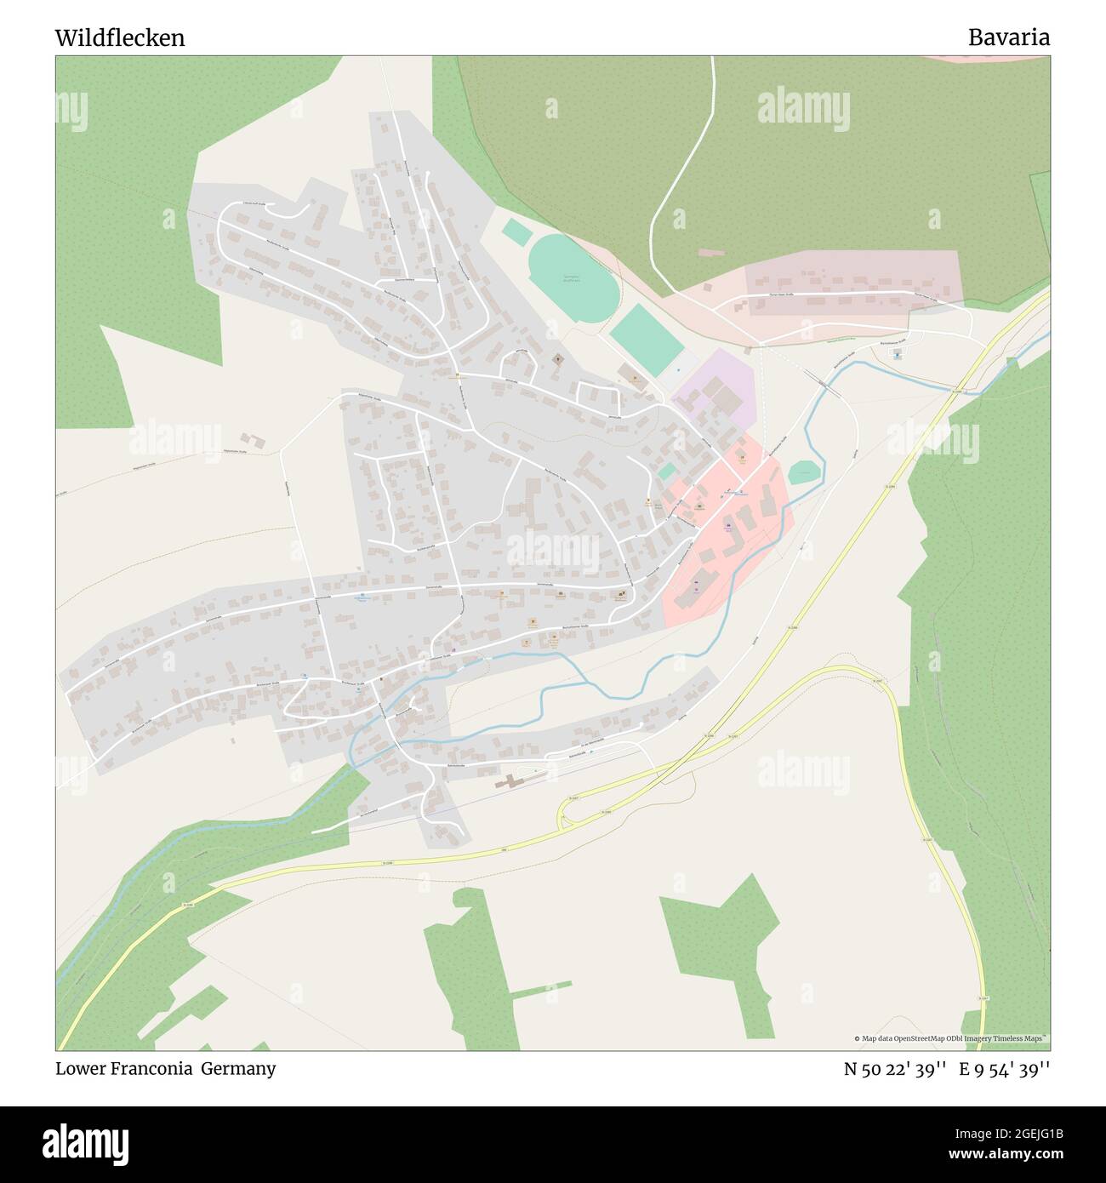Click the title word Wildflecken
pos(120,38)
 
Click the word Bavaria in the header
pos(1008,37)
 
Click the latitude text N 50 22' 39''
pos(894,1068)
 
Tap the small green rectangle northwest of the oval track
pos(514,230)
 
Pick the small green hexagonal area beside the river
pos(805,472)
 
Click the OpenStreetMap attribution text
pos(951,1038)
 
